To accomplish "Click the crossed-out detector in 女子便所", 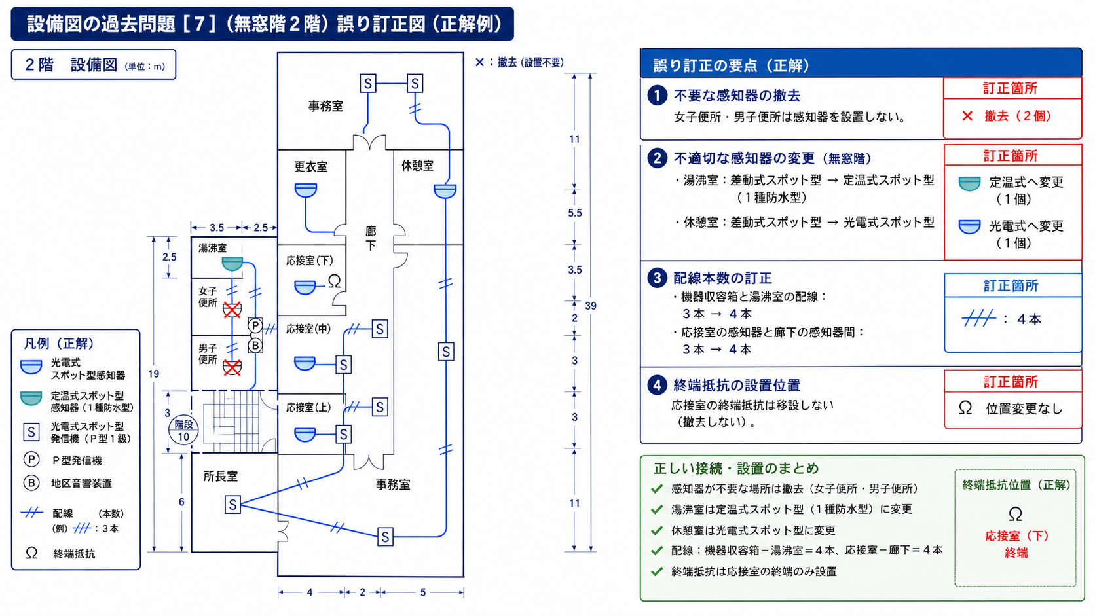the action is coord(232,310).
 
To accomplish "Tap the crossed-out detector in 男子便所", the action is coord(232,367).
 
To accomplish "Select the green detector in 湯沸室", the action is coord(232,264).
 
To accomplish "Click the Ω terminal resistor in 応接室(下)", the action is coord(335,281).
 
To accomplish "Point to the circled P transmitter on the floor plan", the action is coord(255,325).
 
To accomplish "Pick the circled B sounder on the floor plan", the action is coord(255,346).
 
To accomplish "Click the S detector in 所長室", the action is coord(232,505).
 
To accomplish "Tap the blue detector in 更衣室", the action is coord(306,190).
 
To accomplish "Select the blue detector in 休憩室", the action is coord(445,191).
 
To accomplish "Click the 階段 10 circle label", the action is coord(183,430).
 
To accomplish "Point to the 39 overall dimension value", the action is coord(591,306).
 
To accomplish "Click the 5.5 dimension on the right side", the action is coord(575,213).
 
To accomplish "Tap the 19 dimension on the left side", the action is coord(153,374).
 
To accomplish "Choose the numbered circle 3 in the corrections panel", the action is coord(657,278).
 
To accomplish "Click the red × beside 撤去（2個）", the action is coord(967,117).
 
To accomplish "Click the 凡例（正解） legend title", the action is coord(59,344).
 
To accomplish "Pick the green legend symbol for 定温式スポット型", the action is coord(31,398).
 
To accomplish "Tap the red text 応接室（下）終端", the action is coord(1016,544).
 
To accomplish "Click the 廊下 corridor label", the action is coord(371,238).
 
